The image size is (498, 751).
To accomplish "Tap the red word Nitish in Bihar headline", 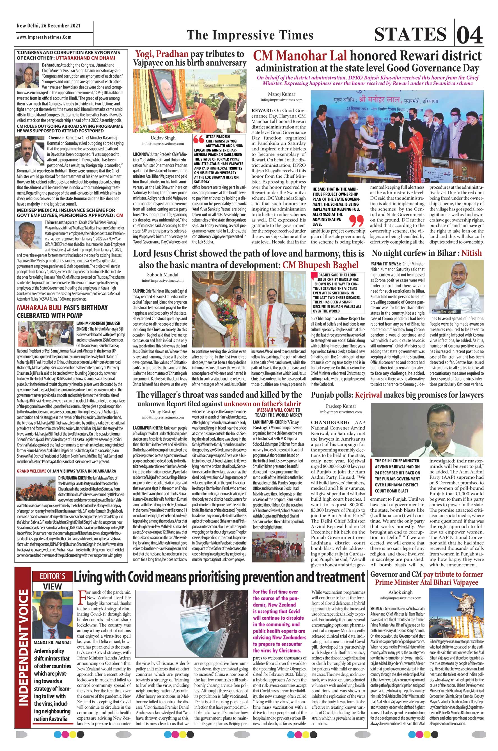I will (471, 253).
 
